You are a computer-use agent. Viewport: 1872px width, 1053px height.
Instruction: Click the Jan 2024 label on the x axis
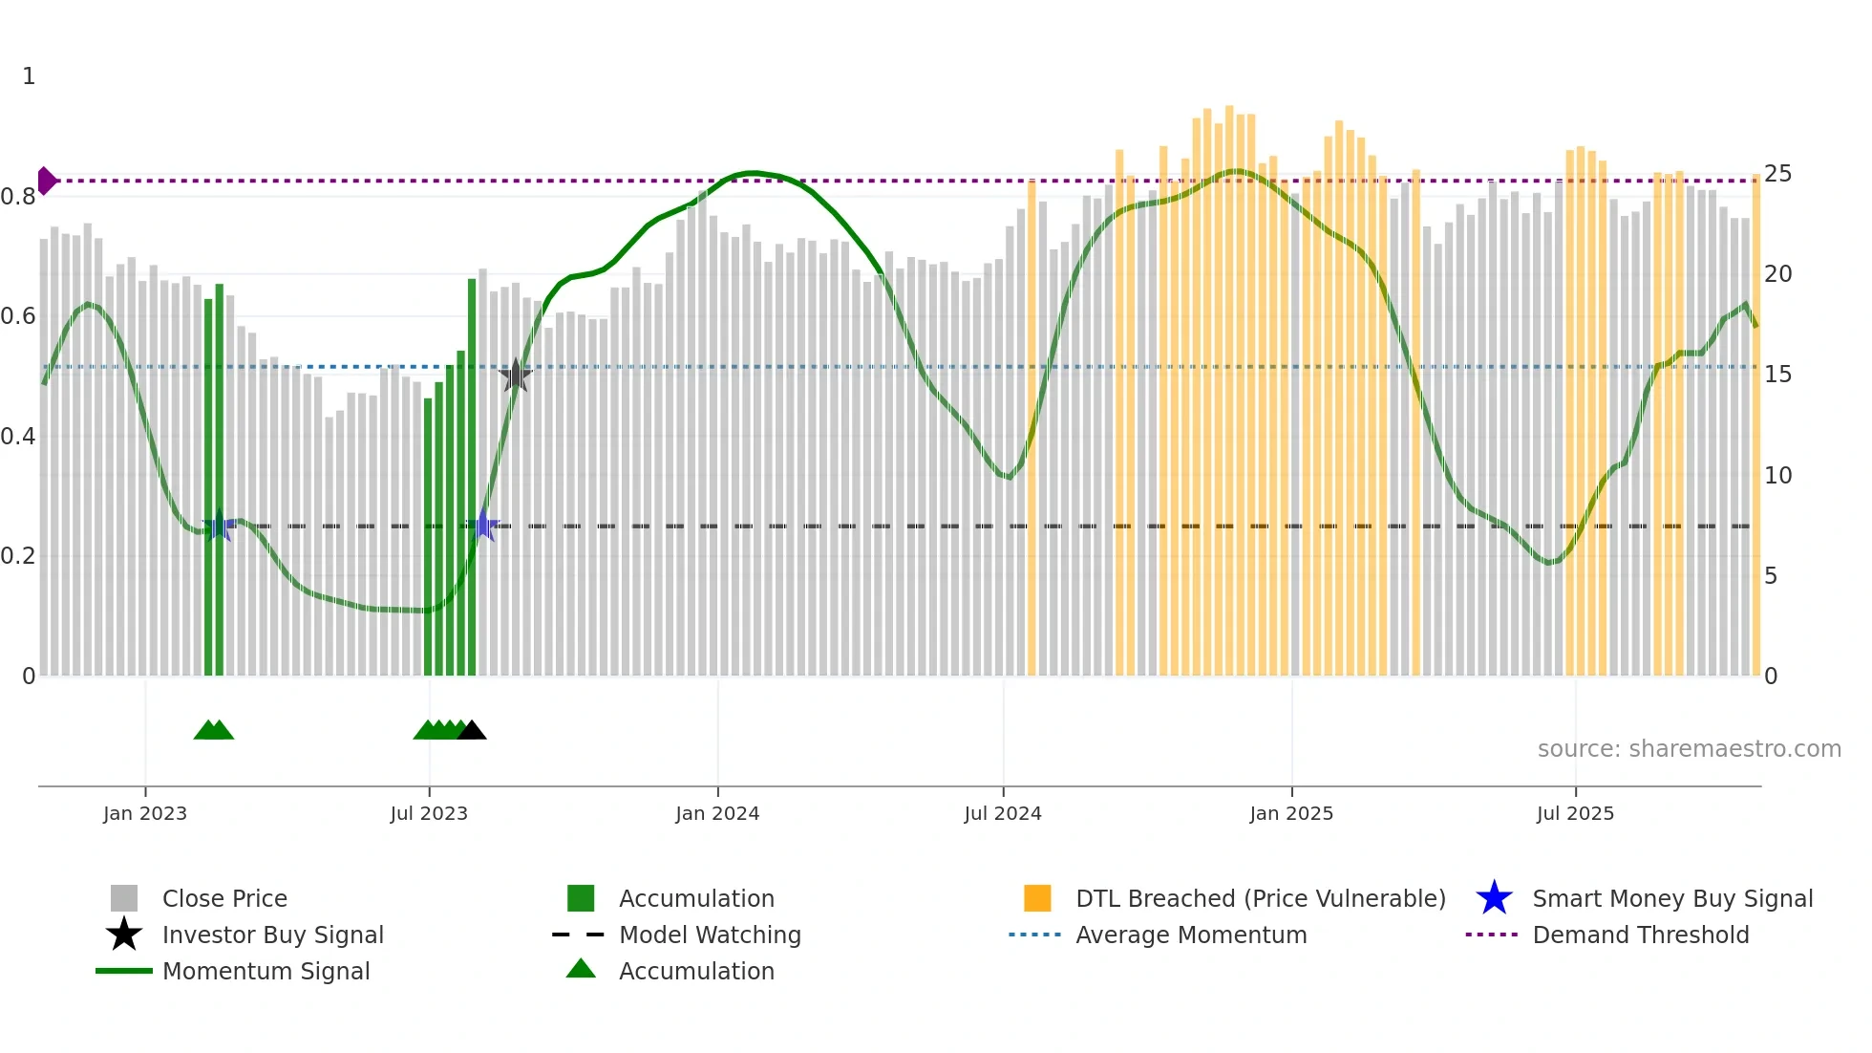tap(717, 813)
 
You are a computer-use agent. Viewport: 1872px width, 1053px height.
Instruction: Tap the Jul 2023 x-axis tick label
tap(429, 813)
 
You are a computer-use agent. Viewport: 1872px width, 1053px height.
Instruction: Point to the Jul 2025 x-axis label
tap(1575, 813)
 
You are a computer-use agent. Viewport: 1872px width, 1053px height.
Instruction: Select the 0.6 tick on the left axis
tap(18, 316)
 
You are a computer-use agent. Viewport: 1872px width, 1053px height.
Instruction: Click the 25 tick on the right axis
tap(1777, 174)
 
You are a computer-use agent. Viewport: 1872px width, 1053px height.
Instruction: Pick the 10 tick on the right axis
tap(1777, 475)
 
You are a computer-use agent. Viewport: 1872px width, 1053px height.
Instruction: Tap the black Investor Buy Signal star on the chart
tap(516, 376)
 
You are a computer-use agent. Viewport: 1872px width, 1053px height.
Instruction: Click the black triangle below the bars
tap(472, 731)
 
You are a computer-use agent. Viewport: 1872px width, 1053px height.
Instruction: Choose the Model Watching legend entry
tap(710, 935)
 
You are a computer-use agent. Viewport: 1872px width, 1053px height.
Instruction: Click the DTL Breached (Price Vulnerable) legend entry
tap(1260, 898)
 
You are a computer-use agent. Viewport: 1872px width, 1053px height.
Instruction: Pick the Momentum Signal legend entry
tap(266, 971)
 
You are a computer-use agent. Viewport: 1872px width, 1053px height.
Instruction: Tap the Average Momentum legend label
tap(1191, 935)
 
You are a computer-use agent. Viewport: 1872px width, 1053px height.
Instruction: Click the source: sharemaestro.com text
tap(1689, 748)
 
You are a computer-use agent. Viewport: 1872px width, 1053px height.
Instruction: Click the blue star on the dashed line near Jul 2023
tap(483, 526)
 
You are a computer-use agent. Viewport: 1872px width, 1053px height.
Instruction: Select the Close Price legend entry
tap(224, 898)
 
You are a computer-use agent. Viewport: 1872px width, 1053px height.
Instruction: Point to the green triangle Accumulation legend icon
tap(581, 969)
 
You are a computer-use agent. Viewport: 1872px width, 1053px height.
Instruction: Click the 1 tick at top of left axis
tap(29, 76)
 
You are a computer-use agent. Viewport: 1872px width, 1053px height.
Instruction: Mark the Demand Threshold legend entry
tap(1640, 935)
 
